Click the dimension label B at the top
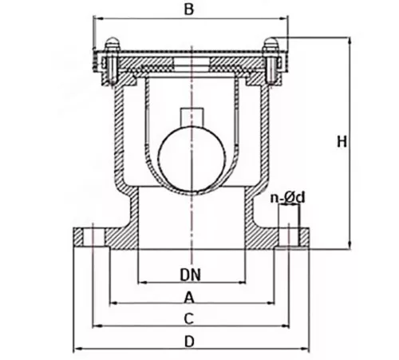click(x=189, y=10)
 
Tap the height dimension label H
click(x=342, y=141)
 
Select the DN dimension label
click(x=191, y=275)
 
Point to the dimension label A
click(x=188, y=297)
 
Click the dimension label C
click(x=188, y=318)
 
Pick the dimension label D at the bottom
click(x=189, y=342)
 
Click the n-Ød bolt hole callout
click(x=287, y=198)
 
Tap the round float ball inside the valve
click(x=192, y=158)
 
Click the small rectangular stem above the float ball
click(x=192, y=117)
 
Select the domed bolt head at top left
click(x=113, y=43)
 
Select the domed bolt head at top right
click(x=271, y=43)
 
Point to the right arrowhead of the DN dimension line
click(x=242, y=283)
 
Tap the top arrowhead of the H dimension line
click(x=350, y=41)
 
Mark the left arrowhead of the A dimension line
click(x=113, y=303)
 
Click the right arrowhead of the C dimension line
click(x=286, y=326)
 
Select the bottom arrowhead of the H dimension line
click(x=350, y=246)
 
